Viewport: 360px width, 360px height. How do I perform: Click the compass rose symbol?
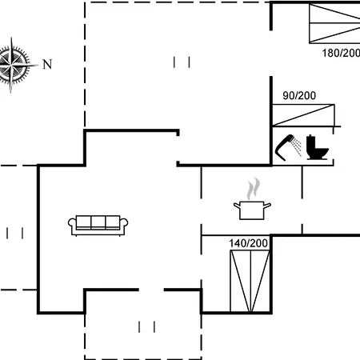coord(13,65)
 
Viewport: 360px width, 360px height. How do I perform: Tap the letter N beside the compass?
coord(47,64)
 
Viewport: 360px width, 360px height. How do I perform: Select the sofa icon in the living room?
coord(98,226)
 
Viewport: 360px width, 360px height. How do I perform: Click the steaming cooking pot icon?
coord(252,199)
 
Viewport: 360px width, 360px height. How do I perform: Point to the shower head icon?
coord(285,148)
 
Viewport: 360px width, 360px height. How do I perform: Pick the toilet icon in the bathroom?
coord(317,147)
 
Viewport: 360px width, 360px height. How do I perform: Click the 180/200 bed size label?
coord(341,53)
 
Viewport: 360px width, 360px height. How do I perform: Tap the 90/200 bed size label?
coord(299,95)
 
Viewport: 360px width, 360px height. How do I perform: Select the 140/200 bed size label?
coord(248,243)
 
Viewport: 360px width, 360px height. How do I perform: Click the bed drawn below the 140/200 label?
coord(250,281)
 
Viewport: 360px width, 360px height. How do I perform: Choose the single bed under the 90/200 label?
coord(303,115)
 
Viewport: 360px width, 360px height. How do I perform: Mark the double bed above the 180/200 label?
coord(334,23)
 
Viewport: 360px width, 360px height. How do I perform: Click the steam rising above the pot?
coord(253,188)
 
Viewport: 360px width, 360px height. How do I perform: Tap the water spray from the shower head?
coord(296,146)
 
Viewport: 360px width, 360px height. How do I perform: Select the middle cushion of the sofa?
coord(98,222)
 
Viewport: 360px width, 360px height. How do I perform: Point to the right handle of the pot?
coord(267,206)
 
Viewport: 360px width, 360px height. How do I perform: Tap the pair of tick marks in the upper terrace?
coord(182,62)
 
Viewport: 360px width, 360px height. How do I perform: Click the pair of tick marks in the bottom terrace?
coord(146,327)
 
